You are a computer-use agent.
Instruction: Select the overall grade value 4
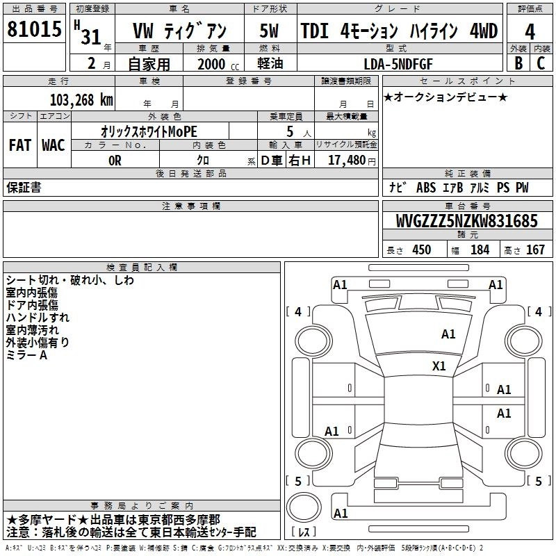[x=530, y=32]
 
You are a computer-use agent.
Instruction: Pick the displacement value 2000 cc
[x=213, y=65]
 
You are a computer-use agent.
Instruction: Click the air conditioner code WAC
[x=53, y=145]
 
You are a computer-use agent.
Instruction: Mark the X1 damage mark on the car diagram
[x=439, y=366]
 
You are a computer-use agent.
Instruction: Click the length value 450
[x=422, y=250]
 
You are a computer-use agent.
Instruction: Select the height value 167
[x=535, y=250]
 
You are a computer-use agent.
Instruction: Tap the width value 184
[x=480, y=250]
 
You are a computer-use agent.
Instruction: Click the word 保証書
[x=24, y=187]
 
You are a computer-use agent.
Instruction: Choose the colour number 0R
[x=115, y=160]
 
